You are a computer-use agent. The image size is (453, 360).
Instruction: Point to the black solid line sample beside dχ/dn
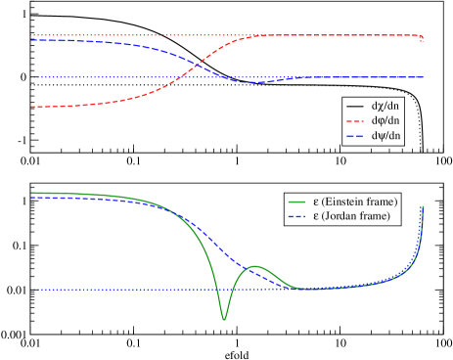tap(355, 106)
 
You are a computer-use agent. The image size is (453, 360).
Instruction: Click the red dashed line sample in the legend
tap(355, 120)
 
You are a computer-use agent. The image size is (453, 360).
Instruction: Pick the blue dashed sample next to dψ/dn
tap(355, 136)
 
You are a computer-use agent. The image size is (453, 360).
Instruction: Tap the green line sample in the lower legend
tap(296, 201)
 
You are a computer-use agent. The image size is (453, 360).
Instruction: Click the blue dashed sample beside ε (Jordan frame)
tap(296, 215)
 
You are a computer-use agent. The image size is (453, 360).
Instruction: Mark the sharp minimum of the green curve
tap(224, 319)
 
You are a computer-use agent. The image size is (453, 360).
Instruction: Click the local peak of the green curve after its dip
tap(256, 266)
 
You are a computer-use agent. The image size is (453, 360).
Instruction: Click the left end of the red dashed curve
tap(32, 107)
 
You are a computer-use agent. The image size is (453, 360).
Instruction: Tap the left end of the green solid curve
tap(32, 193)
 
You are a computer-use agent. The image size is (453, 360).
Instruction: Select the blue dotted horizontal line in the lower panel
tap(117, 290)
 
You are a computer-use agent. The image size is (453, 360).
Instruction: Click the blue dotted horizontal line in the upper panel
tap(117, 76)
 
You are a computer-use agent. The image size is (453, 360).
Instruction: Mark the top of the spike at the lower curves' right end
tap(423, 205)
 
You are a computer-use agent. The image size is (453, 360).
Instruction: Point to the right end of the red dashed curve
tap(423, 40)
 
